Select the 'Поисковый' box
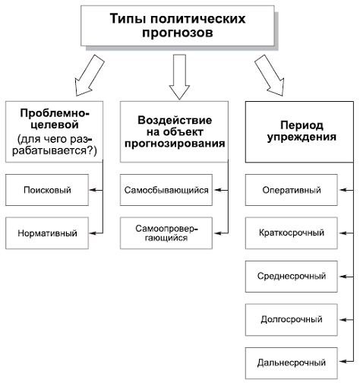pos(47,190)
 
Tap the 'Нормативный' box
pos(47,233)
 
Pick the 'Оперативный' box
pos(291,190)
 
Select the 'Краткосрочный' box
pos(291,233)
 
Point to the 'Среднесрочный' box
pos(291,277)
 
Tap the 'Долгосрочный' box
pos(291,319)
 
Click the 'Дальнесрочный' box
pos(291,362)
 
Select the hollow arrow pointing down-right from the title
pos(270,74)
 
